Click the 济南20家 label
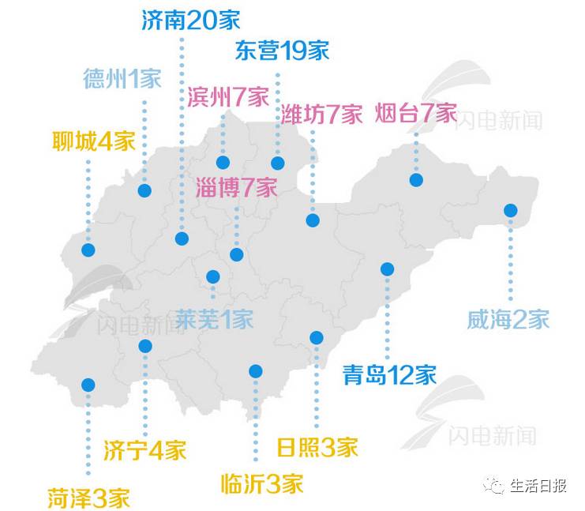pos(191,20)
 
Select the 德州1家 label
pos(122,79)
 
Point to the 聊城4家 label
pos(94,142)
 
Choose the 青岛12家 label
pos(390,374)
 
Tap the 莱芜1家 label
pos(214,319)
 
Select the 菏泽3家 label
pos(88,498)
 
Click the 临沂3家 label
pos(262,483)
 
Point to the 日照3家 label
pos(317,447)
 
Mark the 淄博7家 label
pos(237,188)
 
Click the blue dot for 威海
pos(511,211)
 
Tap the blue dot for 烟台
pos(416,180)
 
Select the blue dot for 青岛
pos(387,269)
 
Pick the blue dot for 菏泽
pos(88,385)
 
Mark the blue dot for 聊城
pos(88,251)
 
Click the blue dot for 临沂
pos(255,371)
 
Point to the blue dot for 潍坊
pos(313,220)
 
